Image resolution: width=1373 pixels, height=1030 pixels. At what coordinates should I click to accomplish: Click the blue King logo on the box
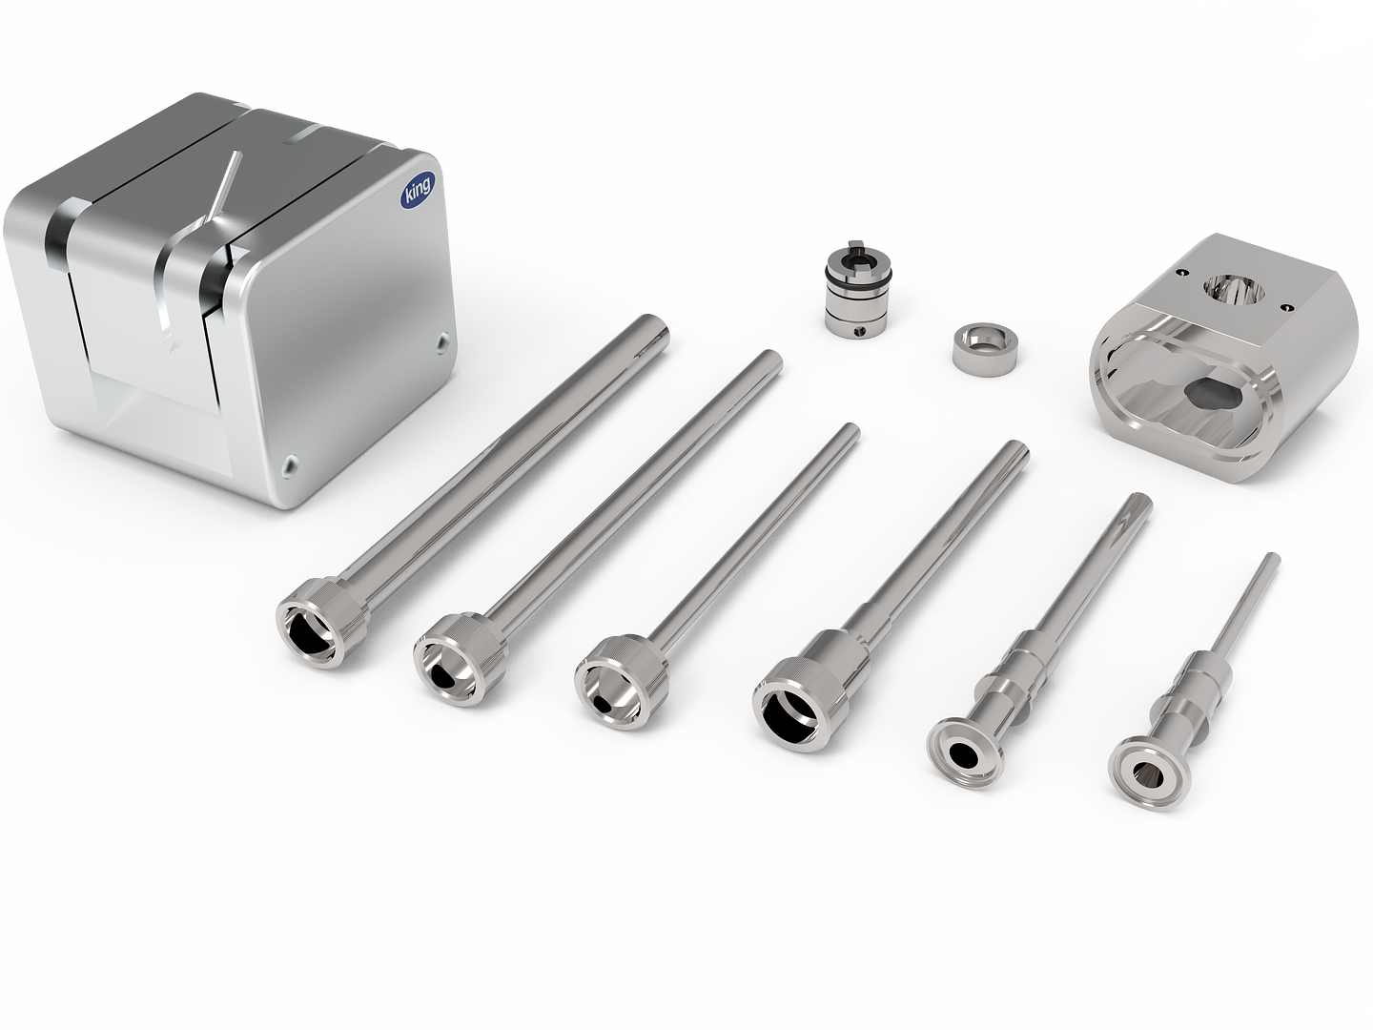(416, 191)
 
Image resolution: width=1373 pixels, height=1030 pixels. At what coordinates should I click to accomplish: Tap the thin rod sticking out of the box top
(224, 184)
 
